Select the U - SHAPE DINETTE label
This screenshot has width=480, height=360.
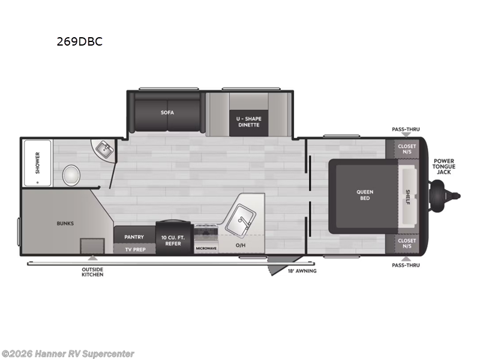tap(248, 122)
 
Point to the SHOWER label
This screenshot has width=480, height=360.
tap(37, 163)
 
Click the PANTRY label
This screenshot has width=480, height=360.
tap(134, 237)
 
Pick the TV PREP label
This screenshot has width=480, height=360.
tap(134, 249)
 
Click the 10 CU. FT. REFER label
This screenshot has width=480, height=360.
tap(173, 240)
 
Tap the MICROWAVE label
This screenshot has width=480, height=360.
tap(206, 247)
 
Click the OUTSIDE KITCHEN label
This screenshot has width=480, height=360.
tap(92, 272)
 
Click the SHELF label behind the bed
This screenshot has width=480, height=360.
tap(408, 196)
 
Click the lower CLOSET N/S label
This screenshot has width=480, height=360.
tap(407, 244)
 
